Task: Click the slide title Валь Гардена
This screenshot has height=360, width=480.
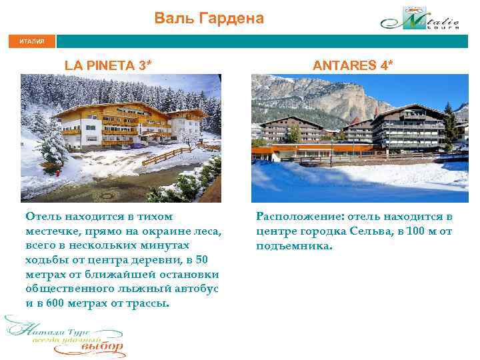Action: tap(209, 18)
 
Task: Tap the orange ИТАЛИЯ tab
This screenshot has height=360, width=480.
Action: tap(32, 41)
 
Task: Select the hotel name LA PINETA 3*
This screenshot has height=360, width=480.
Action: tap(108, 65)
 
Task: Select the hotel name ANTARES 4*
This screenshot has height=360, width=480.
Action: tap(353, 65)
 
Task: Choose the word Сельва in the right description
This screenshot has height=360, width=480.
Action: tap(371, 231)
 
